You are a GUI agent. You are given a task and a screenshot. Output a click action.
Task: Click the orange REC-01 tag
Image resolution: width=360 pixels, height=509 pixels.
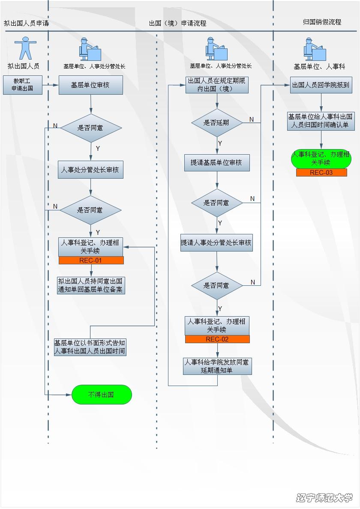click(x=91, y=260)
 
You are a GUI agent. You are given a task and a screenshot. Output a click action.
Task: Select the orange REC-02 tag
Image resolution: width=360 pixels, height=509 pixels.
click(x=217, y=339)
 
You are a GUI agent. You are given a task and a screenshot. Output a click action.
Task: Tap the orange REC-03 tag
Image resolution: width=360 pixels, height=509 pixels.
click(x=321, y=173)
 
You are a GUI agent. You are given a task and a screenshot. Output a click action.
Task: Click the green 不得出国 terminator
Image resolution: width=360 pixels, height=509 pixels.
click(x=101, y=395)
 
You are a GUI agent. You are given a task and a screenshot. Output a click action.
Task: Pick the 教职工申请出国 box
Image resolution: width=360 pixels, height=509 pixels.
click(x=23, y=85)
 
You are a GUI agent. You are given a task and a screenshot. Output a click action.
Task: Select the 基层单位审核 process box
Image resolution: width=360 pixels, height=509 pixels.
click(x=90, y=85)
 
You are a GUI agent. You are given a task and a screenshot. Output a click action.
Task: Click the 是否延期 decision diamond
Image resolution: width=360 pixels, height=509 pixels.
click(x=217, y=123)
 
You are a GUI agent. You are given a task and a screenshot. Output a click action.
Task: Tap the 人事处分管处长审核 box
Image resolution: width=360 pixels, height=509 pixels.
click(x=90, y=170)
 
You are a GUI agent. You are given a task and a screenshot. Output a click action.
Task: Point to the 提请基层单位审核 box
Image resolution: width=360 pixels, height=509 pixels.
click(x=217, y=163)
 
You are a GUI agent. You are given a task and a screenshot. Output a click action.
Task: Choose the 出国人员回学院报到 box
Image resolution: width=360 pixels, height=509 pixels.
click(x=321, y=85)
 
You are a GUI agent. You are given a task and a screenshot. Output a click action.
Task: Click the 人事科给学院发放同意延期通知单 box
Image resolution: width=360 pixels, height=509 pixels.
click(x=217, y=366)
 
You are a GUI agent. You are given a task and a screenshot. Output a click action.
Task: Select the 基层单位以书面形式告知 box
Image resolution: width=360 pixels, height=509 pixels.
click(x=90, y=347)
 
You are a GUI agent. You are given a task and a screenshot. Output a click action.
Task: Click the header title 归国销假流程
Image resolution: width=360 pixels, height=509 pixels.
click(x=322, y=22)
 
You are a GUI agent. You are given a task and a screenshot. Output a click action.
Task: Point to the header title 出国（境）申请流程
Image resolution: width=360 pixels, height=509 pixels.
click(x=178, y=23)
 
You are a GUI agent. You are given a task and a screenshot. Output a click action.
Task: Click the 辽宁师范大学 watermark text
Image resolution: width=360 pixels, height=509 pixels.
click(x=324, y=497)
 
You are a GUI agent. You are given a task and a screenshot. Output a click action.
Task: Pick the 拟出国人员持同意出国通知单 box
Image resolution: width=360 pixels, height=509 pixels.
click(x=90, y=285)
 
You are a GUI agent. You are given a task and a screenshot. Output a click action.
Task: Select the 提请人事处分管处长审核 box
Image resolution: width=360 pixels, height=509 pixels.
click(x=216, y=243)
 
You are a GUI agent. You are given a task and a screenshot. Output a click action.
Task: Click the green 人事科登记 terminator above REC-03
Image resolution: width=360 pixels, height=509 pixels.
click(x=321, y=159)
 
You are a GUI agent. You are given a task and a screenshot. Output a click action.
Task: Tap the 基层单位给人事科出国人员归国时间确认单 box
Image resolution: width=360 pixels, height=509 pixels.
click(x=321, y=121)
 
